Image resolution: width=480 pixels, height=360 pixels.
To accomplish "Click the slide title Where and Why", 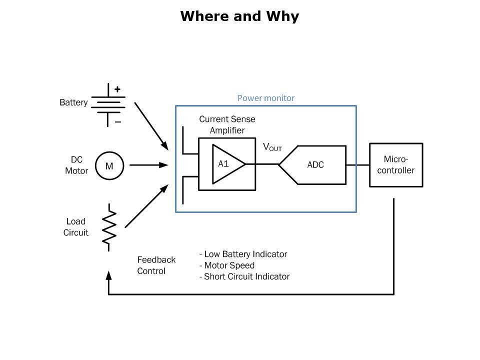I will (239, 16).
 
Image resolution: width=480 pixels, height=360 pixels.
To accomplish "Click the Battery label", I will (73, 103).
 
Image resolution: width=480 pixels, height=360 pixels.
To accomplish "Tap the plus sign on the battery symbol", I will (117, 89).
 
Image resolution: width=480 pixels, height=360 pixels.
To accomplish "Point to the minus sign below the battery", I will (118, 121).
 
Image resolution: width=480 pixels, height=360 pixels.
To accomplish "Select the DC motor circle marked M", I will (108, 165).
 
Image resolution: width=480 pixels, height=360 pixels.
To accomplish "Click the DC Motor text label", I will (76, 165).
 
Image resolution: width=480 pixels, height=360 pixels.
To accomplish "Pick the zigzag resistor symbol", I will (109, 226).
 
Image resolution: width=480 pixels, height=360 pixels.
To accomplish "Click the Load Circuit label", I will (76, 227).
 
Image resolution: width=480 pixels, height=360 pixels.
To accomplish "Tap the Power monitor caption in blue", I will (265, 98).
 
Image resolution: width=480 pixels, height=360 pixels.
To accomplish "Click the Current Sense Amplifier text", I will (227, 124).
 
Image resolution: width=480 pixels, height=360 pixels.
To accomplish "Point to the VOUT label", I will (272, 147).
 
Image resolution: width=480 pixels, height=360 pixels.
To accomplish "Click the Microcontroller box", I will (396, 165).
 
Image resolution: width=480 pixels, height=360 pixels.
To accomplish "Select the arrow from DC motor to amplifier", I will (148, 165).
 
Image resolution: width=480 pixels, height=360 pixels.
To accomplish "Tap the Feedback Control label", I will (156, 265).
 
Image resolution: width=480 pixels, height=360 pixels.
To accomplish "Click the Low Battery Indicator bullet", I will (243, 254).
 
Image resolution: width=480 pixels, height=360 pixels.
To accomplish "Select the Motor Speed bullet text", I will (227, 265).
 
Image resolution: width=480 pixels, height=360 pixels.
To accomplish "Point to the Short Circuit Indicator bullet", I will (244, 276).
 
